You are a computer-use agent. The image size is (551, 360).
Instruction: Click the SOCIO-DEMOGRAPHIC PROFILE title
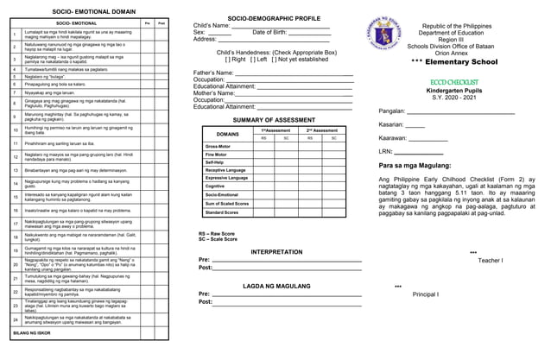pos(273,18)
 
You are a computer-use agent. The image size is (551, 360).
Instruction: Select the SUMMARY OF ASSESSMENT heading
pos(273,119)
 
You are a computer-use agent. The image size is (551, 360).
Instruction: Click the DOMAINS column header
pos(227,134)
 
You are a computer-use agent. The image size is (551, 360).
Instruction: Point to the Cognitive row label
pos(215,186)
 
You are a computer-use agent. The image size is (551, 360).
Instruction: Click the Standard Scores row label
pos(222,212)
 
